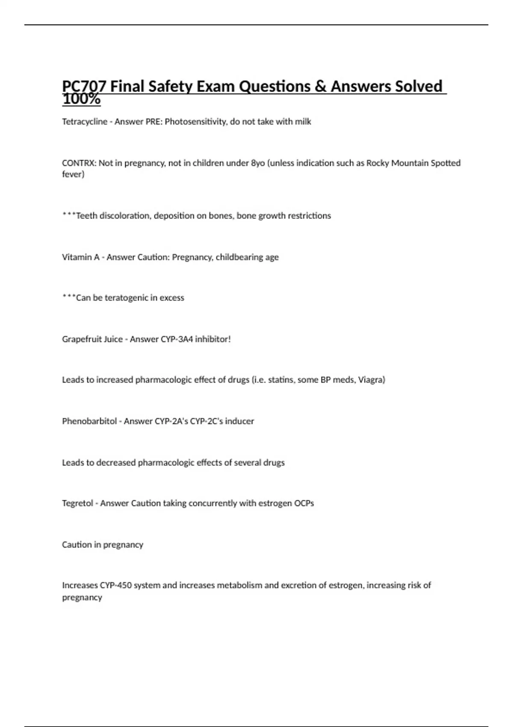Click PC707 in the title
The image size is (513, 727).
[84, 86]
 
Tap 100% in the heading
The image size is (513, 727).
[81, 99]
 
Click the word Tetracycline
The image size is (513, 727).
[85, 122]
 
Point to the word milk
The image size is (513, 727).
[303, 122]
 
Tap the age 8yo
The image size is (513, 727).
[258, 163]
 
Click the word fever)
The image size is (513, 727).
[73, 174]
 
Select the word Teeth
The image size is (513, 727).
[87, 216]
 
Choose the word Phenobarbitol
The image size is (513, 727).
[89, 421]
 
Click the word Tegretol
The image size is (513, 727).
[77, 503]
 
